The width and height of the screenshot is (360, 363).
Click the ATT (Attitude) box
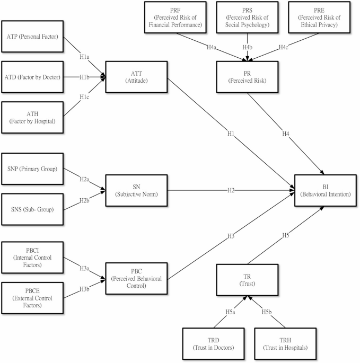coord(137,77)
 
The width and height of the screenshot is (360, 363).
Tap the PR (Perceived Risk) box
coord(247,77)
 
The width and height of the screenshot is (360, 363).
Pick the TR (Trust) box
coord(247,280)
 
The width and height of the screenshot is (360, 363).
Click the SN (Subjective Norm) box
coord(137,190)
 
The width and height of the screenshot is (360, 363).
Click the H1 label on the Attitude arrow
coord(231,134)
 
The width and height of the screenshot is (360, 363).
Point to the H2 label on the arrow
coord(231,190)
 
